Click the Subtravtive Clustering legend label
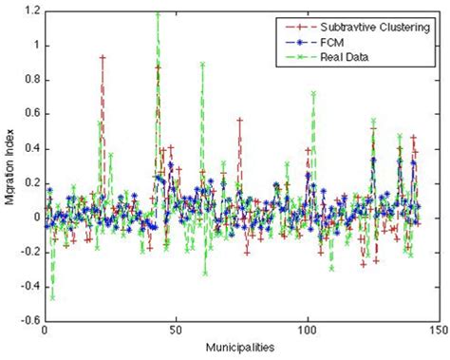click(x=366, y=24)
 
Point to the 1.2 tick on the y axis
click(x=29, y=11)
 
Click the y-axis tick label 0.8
click(x=29, y=80)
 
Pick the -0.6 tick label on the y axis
click(x=28, y=321)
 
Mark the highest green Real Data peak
click(x=158, y=14)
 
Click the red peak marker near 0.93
click(x=103, y=58)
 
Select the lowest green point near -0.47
click(x=52, y=298)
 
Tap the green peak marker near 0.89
click(x=202, y=65)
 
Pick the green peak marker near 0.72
click(x=313, y=94)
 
